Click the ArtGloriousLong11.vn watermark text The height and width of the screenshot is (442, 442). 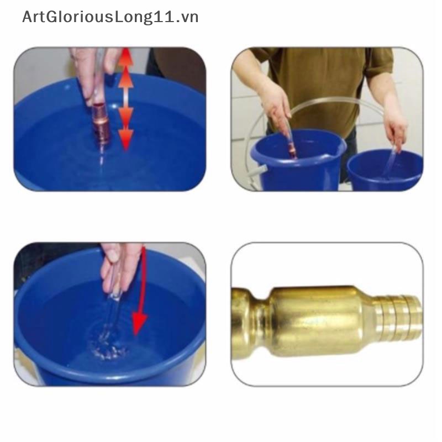click(x=110, y=17)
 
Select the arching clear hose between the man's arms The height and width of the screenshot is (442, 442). click(x=331, y=102)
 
